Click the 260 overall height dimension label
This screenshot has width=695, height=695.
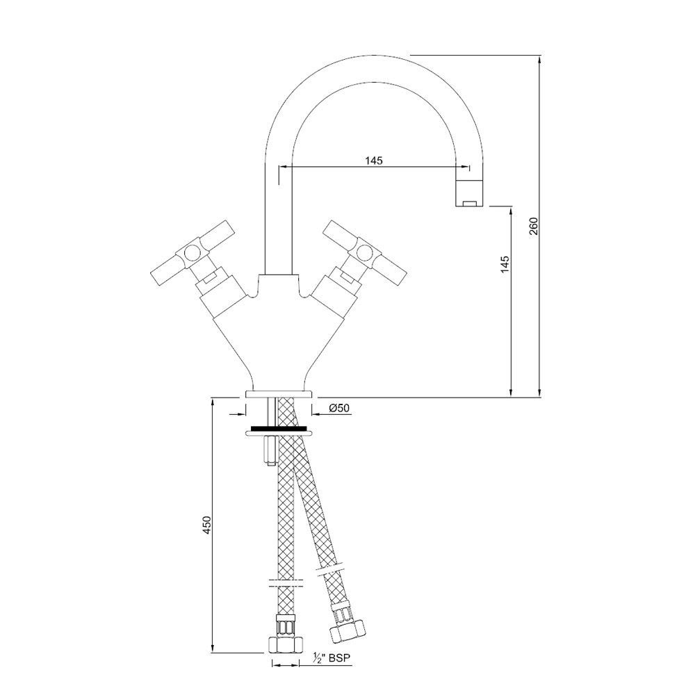coord(533,226)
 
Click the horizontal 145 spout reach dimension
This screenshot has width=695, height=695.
coord(373,161)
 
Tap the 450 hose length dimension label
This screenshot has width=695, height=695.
coord(206,525)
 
